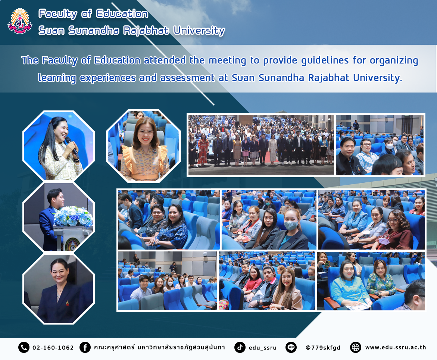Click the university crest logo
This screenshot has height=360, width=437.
coord(20,21)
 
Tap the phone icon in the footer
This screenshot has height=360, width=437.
coord(24,347)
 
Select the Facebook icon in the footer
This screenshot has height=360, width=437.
coord(85,347)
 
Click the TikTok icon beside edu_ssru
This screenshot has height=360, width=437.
coord(240,347)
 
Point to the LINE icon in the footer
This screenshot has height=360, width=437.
coord(291,347)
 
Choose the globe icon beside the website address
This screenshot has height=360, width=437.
coord(356,347)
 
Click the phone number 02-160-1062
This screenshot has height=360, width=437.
coord(53,348)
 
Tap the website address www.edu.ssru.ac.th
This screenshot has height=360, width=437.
coord(396,347)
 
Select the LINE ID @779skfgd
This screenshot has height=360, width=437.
coord(323,348)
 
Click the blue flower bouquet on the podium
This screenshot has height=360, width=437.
coord(73,216)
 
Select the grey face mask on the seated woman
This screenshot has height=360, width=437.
coord(291,225)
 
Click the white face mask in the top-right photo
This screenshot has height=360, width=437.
coord(389,145)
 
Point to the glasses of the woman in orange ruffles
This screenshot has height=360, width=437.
coord(145,132)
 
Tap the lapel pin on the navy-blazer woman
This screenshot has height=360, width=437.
coord(67,303)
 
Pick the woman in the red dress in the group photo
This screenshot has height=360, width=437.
coord(203,149)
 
